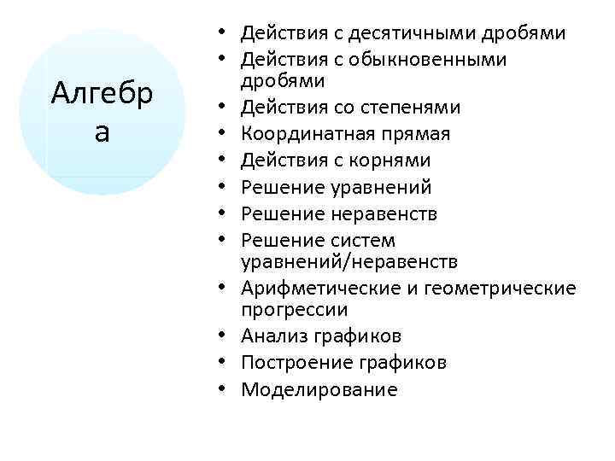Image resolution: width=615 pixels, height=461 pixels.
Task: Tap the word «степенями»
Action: click(x=413, y=108)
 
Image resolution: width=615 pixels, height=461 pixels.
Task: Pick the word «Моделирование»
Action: click(x=319, y=389)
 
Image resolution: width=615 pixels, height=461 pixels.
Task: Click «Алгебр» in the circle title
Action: click(x=102, y=91)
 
